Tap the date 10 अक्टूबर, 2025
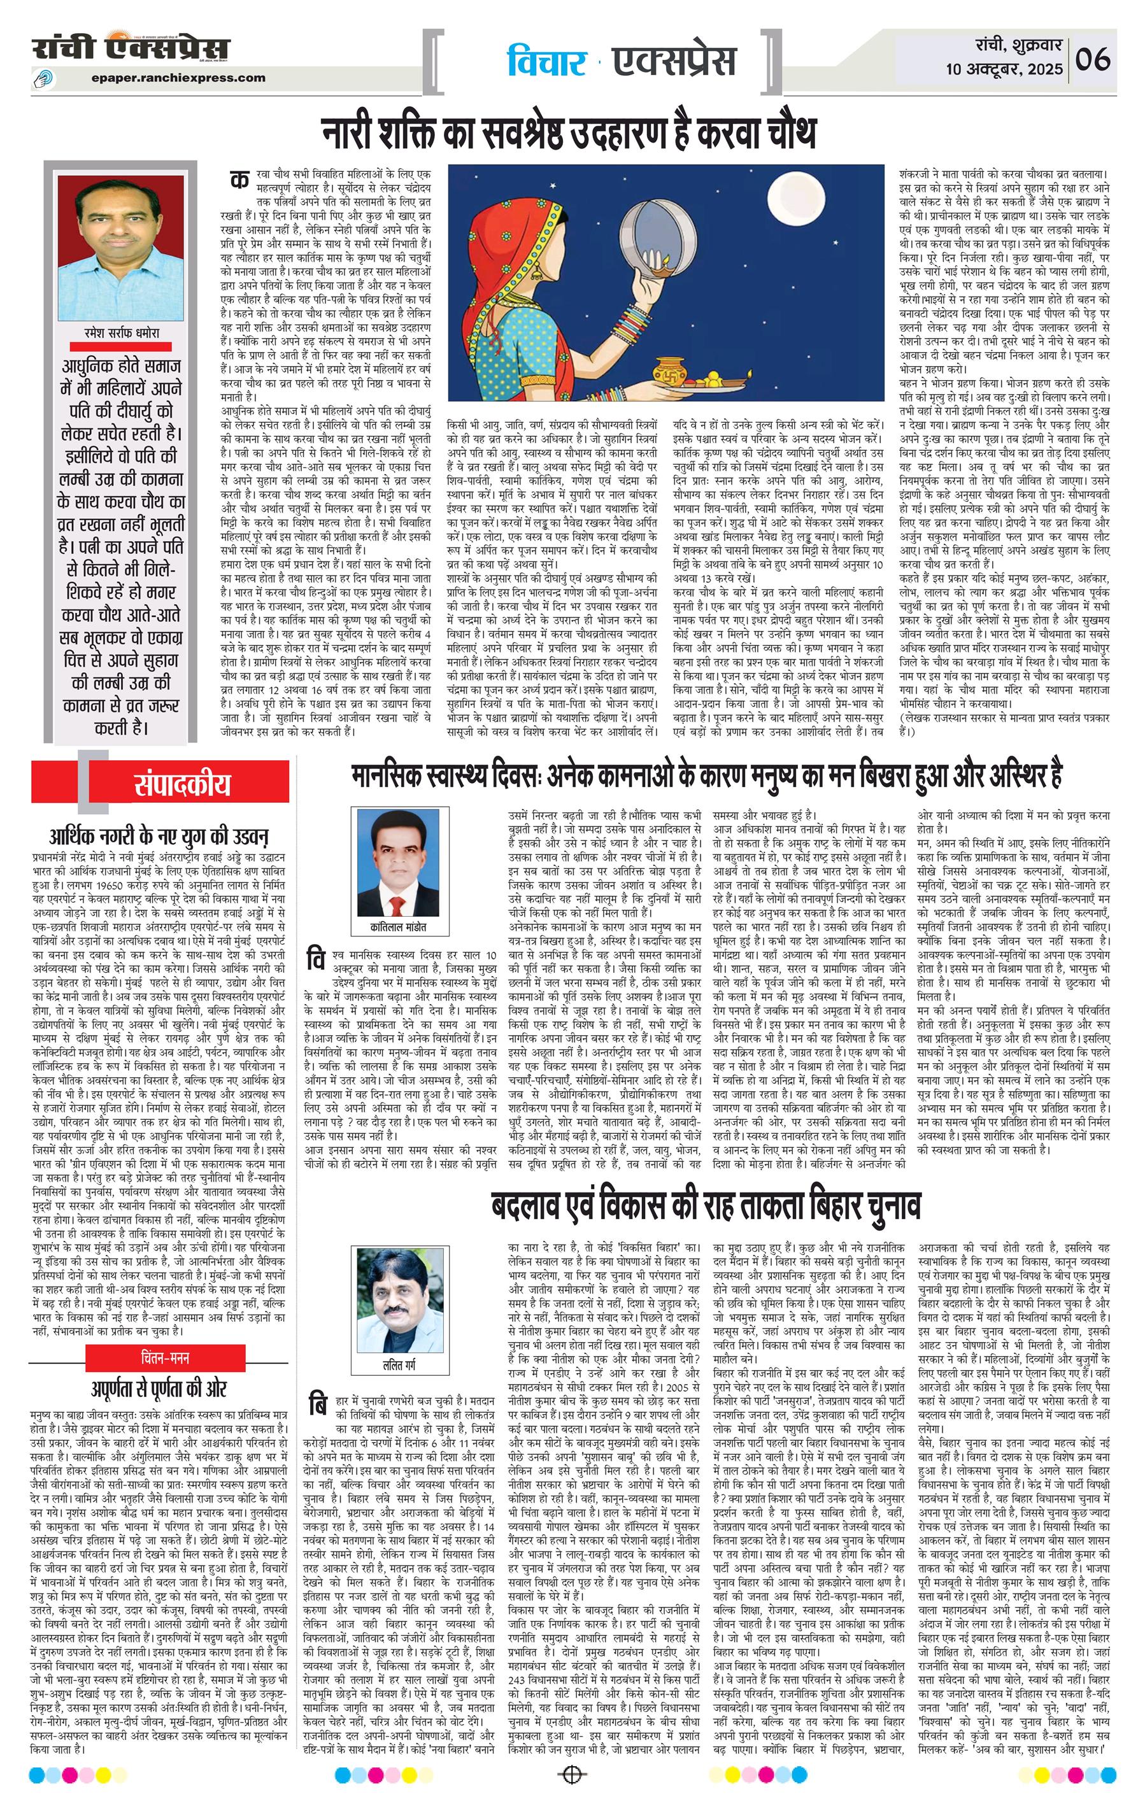click(1004, 69)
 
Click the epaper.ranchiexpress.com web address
click(179, 77)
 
